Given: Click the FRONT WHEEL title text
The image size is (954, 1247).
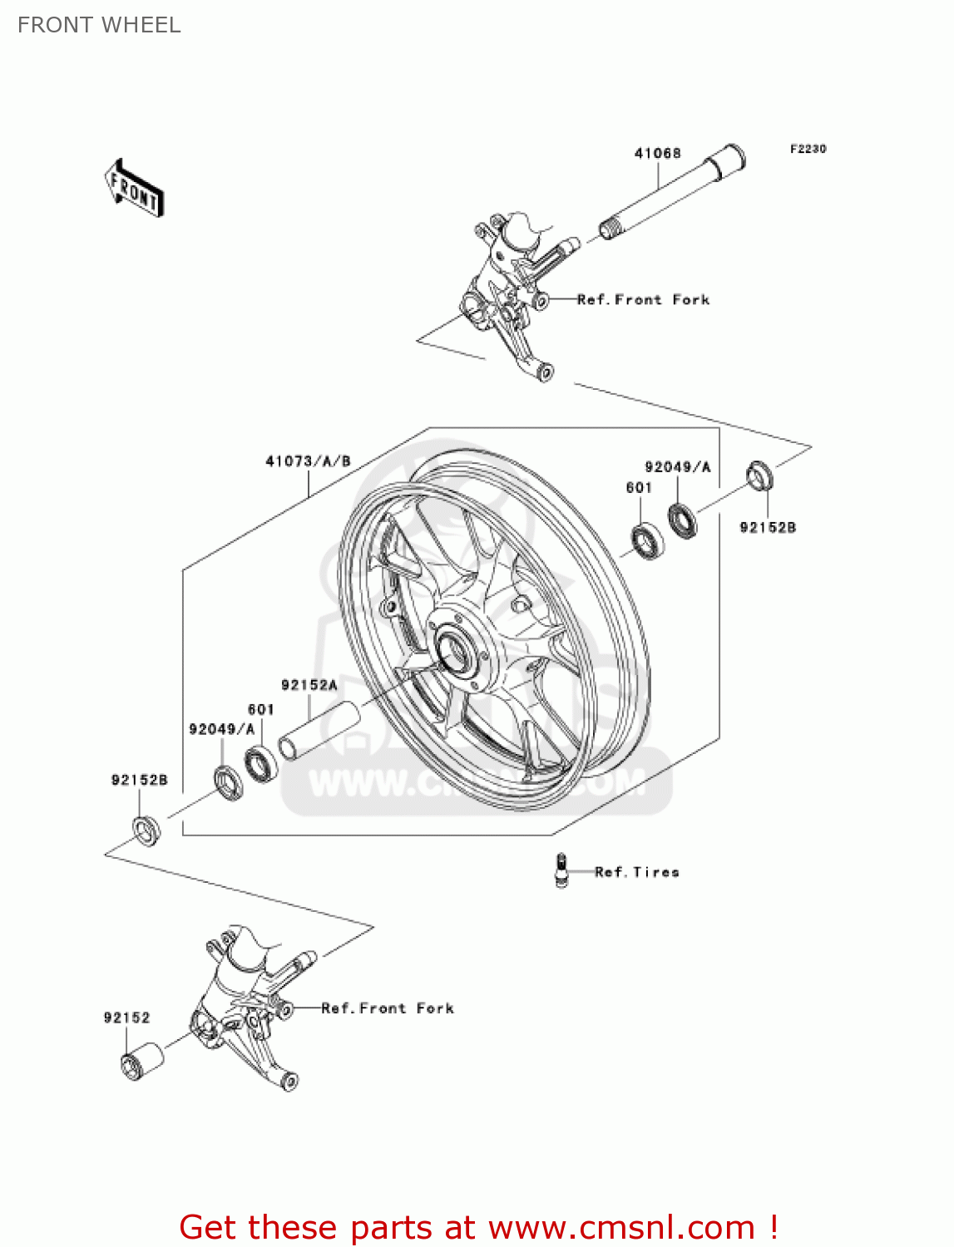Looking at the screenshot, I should pyautogui.click(x=99, y=25).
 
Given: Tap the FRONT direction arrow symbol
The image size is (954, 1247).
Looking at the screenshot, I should pyautogui.click(x=134, y=189).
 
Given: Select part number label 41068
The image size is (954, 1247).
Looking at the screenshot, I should pyautogui.click(x=657, y=153).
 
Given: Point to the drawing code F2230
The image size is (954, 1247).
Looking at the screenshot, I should pyautogui.click(x=808, y=149).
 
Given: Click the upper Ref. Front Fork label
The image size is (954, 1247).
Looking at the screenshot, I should pyautogui.click(x=643, y=299).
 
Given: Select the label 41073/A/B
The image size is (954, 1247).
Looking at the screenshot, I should pyautogui.click(x=308, y=461).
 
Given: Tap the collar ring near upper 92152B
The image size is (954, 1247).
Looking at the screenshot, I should pyautogui.click(x=759, y=476).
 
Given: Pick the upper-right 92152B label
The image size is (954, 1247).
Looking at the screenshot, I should pyautogui.click(x=768, y=527).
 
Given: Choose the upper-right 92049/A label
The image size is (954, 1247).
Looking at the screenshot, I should pyautogui.click(x=677, y=467).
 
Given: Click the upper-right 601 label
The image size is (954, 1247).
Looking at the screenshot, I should pyautogui.click(x=639, y=488).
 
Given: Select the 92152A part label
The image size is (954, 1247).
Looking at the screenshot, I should pyautogui.click(x=309, y=685).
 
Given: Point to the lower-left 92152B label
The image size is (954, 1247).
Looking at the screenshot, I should pyautogui.click(x=139, y=780).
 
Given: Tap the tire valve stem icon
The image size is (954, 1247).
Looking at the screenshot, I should pyautogui.click(x=561, y=870).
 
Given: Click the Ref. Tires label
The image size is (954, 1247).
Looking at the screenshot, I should pyautogui.click(x=637, y=872).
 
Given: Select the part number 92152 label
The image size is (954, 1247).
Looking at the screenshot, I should pyautogui.click(x=126, y=1018).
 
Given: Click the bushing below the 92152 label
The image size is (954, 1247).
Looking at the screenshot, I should pyautogui.click(x=141, y=1060).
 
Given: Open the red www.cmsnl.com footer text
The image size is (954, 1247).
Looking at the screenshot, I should pyautogui.click(x=478, y=1227).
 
